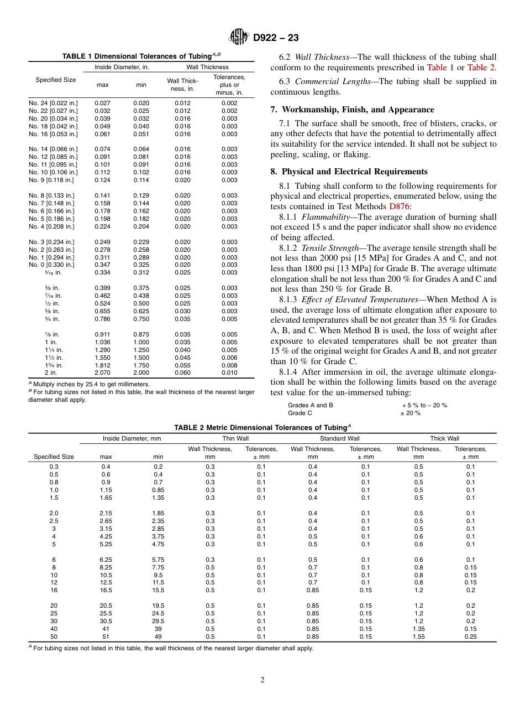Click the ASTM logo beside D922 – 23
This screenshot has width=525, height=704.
point(239,38)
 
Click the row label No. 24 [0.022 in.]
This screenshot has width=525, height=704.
point(54,103)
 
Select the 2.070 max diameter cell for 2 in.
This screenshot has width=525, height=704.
point(102,373)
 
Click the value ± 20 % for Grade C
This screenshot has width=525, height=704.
point(410,413)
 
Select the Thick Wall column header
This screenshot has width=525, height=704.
point(444,438)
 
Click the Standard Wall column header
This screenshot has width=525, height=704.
point(339,438)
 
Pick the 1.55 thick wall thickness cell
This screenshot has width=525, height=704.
point(418,636)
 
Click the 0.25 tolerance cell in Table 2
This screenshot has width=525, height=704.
point(470,636)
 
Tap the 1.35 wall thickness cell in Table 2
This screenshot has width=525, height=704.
point(418,629)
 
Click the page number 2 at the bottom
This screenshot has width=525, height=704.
point(262,680)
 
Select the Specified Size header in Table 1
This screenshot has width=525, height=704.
point(55,80)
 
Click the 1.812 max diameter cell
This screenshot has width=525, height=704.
point(102,365)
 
